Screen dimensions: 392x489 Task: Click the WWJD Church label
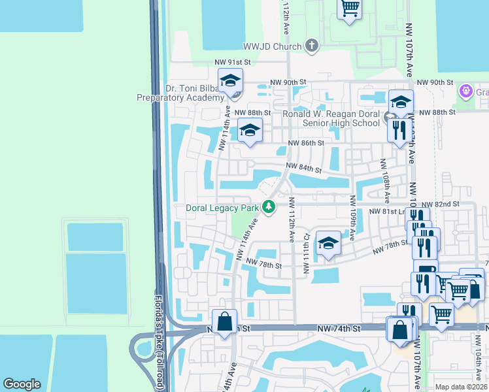(271, 46)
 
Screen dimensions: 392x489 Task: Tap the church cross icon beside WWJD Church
(312, 46)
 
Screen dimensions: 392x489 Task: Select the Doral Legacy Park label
(222, 208)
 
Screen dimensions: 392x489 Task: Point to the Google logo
(22, 384)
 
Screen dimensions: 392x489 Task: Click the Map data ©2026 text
(461, 387)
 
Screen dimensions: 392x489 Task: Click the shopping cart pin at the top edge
(350, 8)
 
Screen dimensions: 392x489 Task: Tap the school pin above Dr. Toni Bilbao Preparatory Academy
(230, 80)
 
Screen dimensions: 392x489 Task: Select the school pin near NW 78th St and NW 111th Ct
(328, 244)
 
